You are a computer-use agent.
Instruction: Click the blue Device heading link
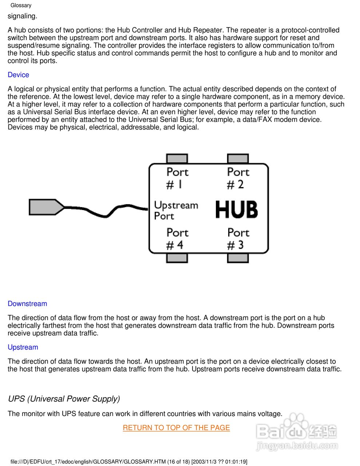pos(18,75)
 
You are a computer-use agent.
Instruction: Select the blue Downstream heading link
pos(27,304)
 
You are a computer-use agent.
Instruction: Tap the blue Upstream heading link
pos(23,347)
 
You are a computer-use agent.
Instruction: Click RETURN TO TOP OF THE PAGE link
pos(176,427)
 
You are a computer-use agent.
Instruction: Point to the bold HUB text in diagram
pos(236,210)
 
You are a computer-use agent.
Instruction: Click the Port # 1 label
pos(177,178)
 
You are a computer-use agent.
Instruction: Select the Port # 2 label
pos(238,178)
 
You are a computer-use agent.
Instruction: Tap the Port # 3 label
pos(238,239)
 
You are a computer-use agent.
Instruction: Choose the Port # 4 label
pos(177,239)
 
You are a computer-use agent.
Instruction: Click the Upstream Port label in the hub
pos(175,210)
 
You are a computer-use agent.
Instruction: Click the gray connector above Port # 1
pos(177,158)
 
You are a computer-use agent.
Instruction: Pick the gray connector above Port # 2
pos(238,158)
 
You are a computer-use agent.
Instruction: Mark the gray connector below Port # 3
pos(238,258)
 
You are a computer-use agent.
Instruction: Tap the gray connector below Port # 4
pos(177,258)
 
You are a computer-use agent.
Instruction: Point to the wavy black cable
pos(106,213)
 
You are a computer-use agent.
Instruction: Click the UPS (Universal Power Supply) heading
pos(64,399)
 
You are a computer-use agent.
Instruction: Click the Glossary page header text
pos(21,5)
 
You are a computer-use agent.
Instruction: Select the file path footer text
pos(129,462)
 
